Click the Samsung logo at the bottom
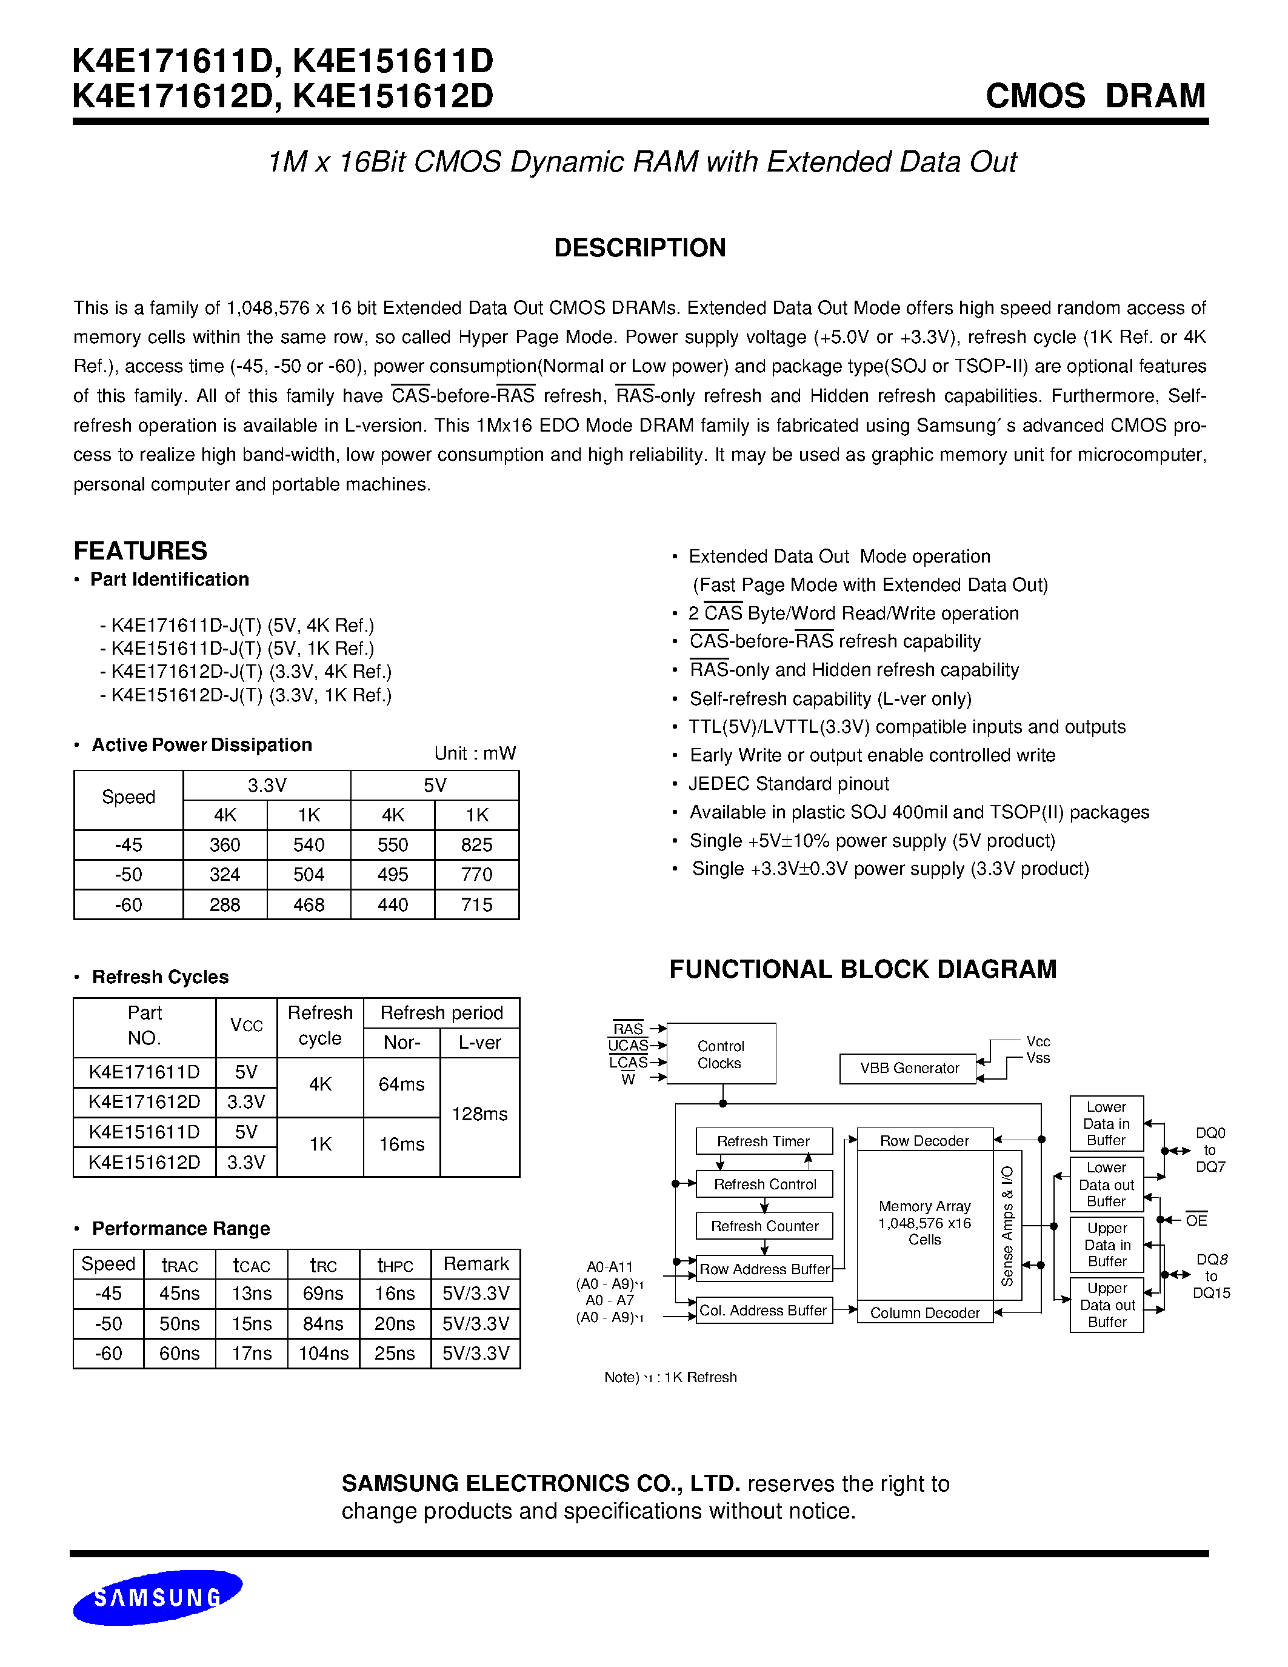tap(157, 1597)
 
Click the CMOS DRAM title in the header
tap(1095, 96)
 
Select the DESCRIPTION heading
tap(639, 248)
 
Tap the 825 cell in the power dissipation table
tap(476, 845)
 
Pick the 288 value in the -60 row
tap(224, 904)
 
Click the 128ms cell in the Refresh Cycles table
tap(479, 1114)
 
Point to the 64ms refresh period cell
tap(401, 1084)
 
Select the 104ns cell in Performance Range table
tap(323, 1353)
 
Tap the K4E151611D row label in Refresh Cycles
tap(144, 1132)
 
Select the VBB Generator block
tap(909, 1069)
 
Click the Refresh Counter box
tap(764, 1226)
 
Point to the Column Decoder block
tap(924, 1313)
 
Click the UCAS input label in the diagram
tap(628, 1046)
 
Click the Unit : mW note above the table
tap(475, 753)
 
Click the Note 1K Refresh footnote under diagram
tap(670, 1377)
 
